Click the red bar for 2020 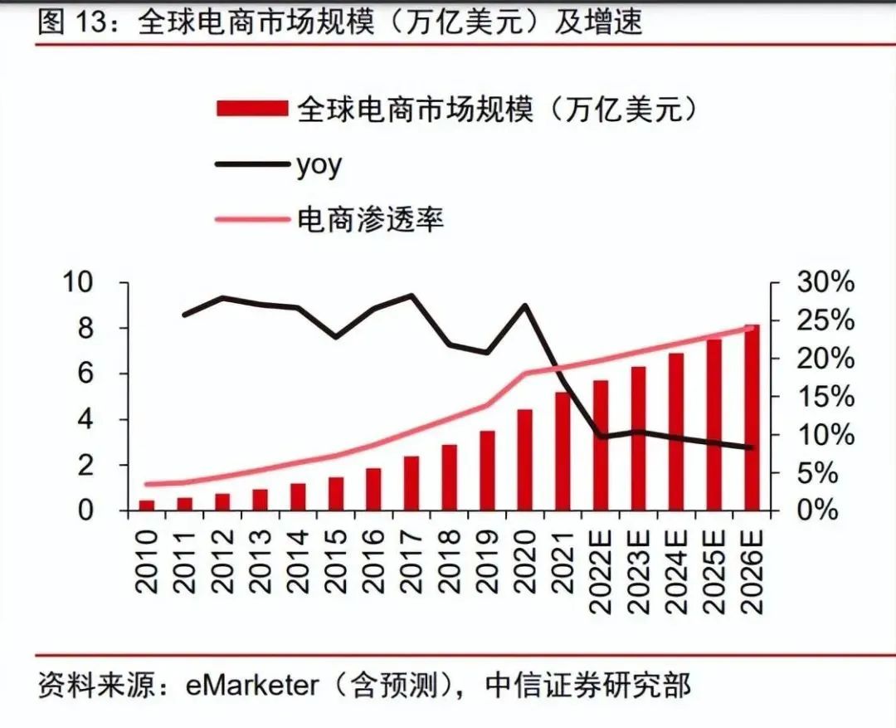tap(524, 460)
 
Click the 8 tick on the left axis tap(87, 329)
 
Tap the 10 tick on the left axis tap(80, 283)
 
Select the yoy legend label tap(319, 164)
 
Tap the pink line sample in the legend tap(251, 220)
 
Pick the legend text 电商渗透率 tap(370, 220)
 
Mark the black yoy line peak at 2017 tap(411, 296)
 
